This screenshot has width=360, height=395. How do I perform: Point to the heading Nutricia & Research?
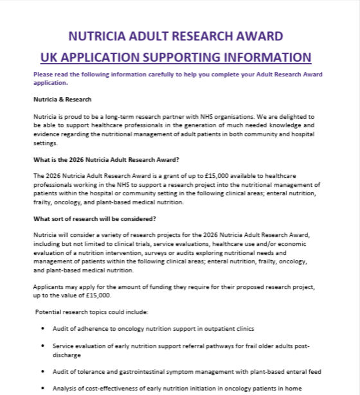(62, 100)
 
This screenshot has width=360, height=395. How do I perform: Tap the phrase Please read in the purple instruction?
(51, 75)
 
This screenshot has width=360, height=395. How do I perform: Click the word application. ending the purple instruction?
(50, 83)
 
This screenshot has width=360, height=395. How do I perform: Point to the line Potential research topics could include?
(92, 312)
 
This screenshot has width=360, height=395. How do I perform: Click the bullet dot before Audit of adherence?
(42, 328)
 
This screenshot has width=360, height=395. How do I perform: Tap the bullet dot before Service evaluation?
(42, 346)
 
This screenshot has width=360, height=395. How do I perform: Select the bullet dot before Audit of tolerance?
(42, 371)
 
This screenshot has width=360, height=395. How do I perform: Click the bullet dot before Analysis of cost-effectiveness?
(42, 388)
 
